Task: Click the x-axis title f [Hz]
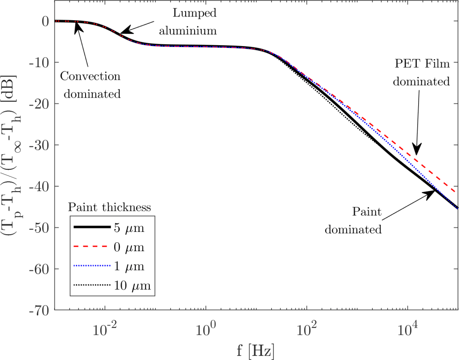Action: [x=256, y=348]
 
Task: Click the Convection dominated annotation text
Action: [x=91, y=85]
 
